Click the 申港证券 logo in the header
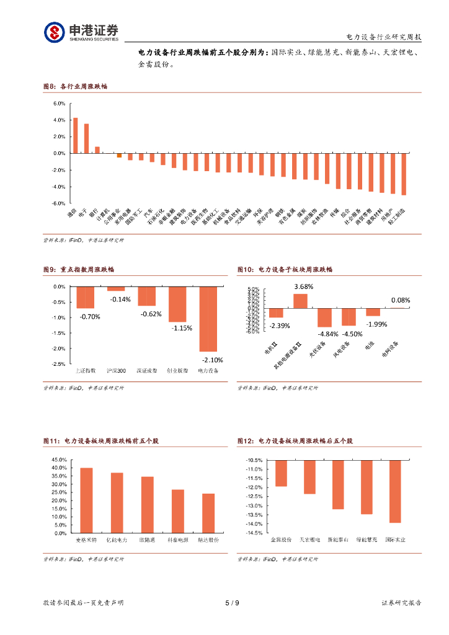pyautogui.click(x=81, y=32)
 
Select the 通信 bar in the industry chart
pyautogui.click(x=76, y=135)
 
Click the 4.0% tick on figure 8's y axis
pyautogui.click(x=59, y=120)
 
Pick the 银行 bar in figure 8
pyautogui.click(x=97, y=149)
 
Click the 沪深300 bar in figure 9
pyautogui.click(x=116, y=288)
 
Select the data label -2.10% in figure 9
pyautogui.click(x=212, y=360)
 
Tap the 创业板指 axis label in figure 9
pyautogui.click(x=177, y=371)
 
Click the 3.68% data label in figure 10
pyautogui.click(x=303, y=286)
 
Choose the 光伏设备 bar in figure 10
pyautogui.click(x=324, y=317)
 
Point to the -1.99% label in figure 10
pyautogui.click(x=376, y=324)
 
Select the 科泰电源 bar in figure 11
pyautogui.click(x=177, y=511)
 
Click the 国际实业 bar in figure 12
pyautogui.click(x=395, y=491)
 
